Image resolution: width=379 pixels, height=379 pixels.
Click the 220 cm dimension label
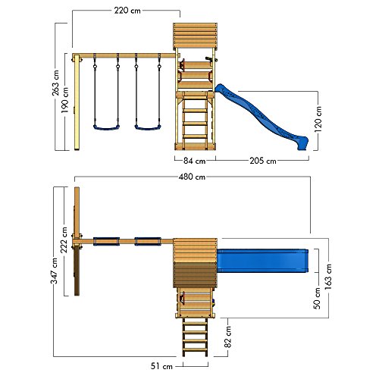click(x=127, y=11)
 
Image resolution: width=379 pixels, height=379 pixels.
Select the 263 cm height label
click(x=55, y=83)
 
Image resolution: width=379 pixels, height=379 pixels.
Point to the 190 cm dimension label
click(x=64, y=100)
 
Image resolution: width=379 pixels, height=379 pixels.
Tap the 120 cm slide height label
click(x=318, y=119)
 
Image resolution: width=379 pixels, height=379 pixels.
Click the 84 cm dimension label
click(x=194, y=161)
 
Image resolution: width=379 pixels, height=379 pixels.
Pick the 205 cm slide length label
click(x=263, y=161)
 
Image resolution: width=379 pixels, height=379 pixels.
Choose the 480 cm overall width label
click(x=192, y=177)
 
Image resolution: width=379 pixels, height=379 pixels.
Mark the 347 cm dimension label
click(x=55, y=271)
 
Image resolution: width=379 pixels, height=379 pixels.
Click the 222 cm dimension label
click(x=64, y=240)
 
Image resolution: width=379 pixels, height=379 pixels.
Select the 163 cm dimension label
click(x=328, y=277)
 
